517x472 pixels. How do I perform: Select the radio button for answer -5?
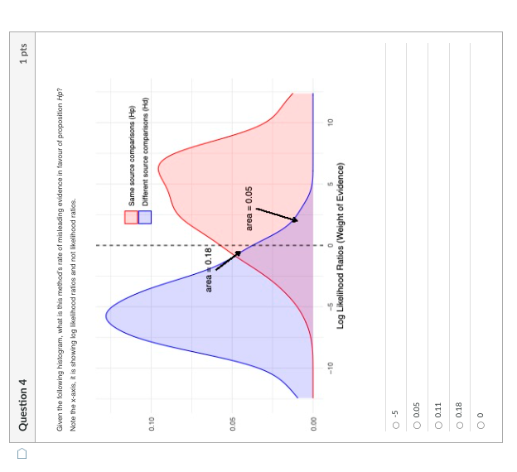tap(396, 426)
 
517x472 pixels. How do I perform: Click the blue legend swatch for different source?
tap(145, 217)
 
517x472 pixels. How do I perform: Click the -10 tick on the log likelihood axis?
tap(330, 367)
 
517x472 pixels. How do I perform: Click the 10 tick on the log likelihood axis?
tap(330, 122)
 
